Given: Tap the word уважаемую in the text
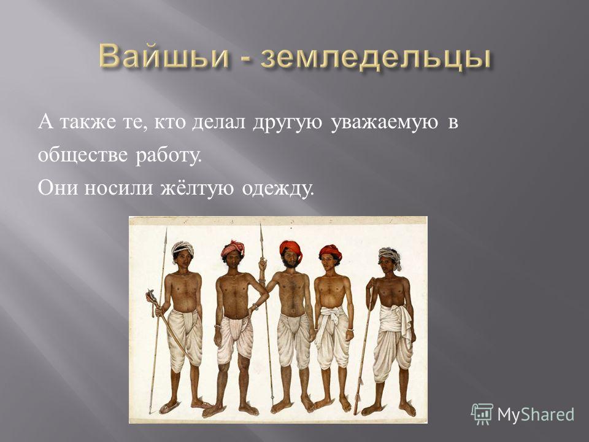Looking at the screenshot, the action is (384, 123).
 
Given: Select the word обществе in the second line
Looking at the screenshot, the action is (83, 155).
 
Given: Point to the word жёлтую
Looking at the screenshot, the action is (198, 187).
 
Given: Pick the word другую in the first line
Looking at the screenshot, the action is (287, 123).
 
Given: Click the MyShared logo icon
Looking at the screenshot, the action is (482, 414).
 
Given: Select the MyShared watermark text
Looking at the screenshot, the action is (536, 414).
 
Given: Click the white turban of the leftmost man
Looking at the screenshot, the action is (183, 249).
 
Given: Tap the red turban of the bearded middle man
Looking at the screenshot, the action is (291, 247).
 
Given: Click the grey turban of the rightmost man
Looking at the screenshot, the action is (391, 255).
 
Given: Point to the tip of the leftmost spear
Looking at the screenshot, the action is (166, 228).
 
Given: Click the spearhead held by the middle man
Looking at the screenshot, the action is (261, 235).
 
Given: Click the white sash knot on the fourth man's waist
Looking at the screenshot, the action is (331, 314).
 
